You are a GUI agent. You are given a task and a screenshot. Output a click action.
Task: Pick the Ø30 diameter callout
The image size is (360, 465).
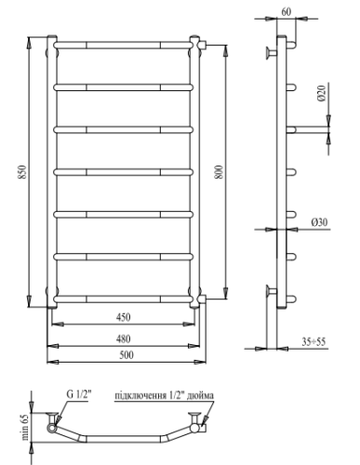pos(319,224)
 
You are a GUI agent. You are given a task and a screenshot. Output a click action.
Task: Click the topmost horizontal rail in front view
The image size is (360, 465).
pos(124,43)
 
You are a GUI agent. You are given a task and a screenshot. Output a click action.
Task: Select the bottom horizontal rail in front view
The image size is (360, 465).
pos(124,299)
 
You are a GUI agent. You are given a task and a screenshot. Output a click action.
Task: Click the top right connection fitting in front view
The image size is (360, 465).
pos(199,43)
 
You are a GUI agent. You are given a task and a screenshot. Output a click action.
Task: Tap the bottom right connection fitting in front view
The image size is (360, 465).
pos(199,299)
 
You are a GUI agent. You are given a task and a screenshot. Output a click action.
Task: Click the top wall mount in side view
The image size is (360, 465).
pos(271,50)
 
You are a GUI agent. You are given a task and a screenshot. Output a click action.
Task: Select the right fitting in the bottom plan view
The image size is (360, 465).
pos(201,428)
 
